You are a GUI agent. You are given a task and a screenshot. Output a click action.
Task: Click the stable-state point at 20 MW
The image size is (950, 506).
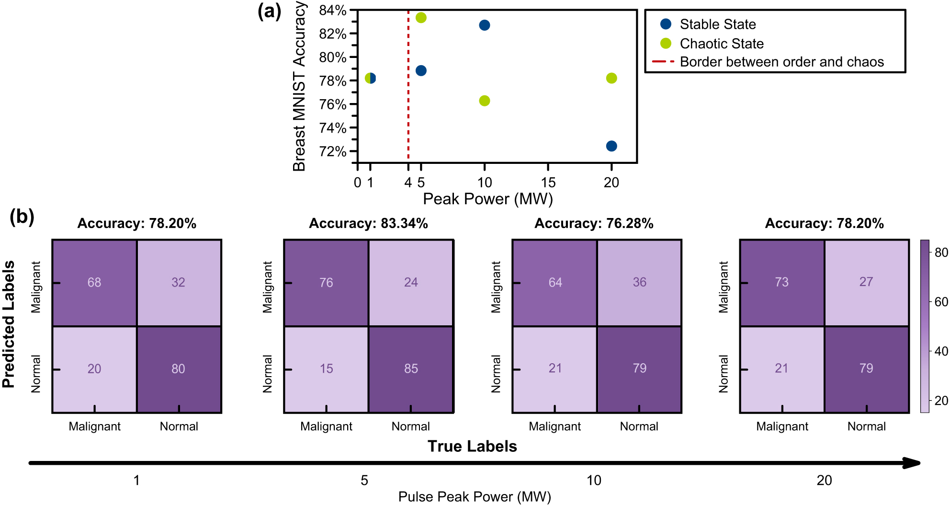[611, 146]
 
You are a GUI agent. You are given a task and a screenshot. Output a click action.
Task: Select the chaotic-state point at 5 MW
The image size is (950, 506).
[421, 18]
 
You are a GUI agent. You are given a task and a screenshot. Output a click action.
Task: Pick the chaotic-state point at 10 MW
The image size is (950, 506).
[484, 101]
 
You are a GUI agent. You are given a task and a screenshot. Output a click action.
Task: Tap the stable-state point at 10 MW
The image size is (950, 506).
[484, 25]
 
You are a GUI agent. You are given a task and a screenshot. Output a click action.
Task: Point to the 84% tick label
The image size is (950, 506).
[333, 10]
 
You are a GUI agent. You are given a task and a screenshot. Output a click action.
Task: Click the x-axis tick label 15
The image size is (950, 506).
[548, 183]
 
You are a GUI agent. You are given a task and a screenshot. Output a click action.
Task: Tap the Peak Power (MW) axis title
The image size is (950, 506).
[487, 199]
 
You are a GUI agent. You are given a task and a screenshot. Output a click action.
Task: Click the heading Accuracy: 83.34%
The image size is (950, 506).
[368, 223]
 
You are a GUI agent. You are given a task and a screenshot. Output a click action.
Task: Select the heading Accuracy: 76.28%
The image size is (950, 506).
[594, 223]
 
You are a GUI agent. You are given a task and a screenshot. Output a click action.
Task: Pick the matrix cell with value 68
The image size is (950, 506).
[94, 283]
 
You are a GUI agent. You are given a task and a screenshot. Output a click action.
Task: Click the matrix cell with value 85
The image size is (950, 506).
[411, 369]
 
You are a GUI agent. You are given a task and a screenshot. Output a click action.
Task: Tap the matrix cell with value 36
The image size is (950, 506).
[639, 283]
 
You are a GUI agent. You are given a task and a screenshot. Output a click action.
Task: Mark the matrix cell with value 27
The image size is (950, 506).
[866, 282]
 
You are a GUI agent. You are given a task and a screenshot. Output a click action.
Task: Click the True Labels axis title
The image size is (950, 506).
[472, 446]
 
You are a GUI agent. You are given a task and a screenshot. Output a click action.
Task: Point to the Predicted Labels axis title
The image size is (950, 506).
[9, 324]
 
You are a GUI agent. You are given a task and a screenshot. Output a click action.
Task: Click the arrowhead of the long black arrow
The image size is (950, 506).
[912, 463]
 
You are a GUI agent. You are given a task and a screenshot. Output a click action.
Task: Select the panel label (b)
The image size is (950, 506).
[22, 217]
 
